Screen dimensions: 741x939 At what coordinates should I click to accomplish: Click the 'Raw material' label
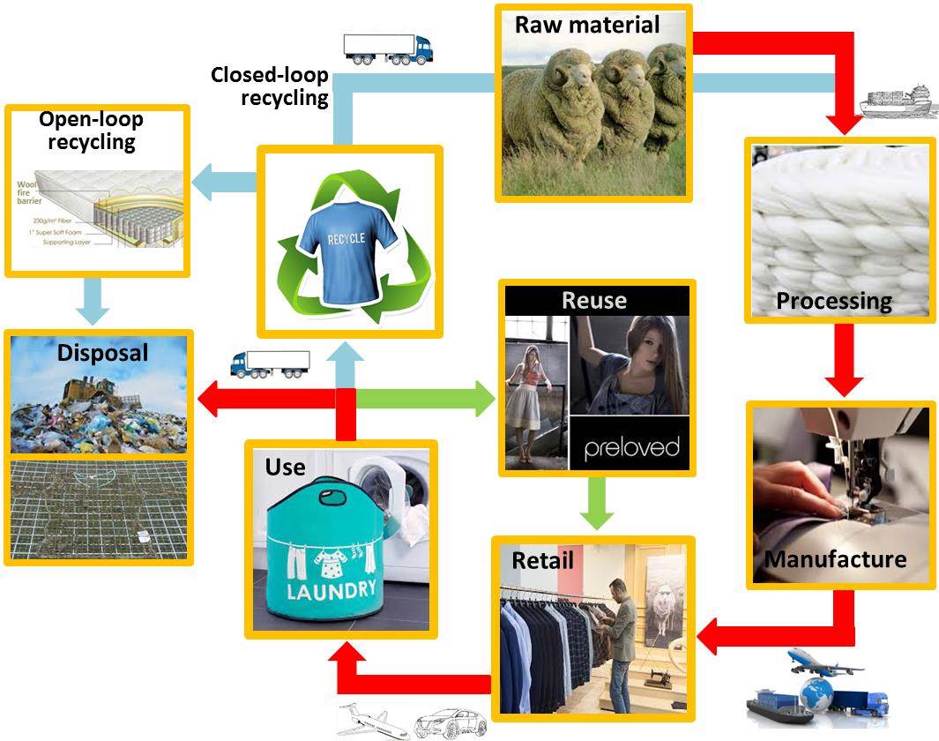coord(587,25)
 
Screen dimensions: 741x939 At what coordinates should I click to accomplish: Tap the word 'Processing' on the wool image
coord(833,301)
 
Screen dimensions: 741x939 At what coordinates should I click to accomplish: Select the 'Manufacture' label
coord(835,559)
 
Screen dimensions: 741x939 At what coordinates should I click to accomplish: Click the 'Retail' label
coord(542,560)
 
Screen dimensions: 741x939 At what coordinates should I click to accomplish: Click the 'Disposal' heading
coord(102,353)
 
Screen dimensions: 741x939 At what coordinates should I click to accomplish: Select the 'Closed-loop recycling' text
coord(269,86)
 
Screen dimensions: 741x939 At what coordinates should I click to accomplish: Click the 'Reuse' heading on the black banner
coord(593,300)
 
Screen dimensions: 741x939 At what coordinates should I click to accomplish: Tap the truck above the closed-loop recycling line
coord(387,49)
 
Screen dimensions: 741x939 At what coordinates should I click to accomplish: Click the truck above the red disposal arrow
coord(269,363)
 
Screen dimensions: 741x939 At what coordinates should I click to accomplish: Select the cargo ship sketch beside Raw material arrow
coord(895,101)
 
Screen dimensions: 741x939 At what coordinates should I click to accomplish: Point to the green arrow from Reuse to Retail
coord(597,504)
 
